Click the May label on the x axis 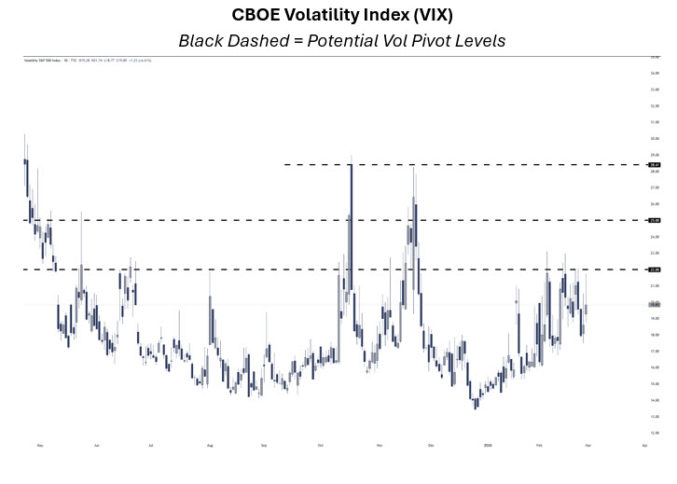pos(40,446)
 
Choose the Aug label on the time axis pos(210,446)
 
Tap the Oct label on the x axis pos(322,446)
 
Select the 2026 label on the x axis pos(488,446)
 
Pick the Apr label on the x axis pos(645,446)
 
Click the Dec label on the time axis pos(431,446)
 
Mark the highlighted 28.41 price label pos(655,164)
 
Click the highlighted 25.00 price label pos(655,220)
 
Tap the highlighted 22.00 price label pos(655,270)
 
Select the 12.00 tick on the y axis pos(655,433)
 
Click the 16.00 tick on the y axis pos(655,367)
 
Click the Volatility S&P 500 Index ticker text pos(42,61)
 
